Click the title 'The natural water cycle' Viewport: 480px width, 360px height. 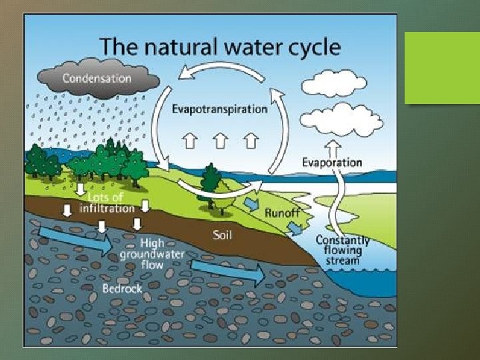[220, 47]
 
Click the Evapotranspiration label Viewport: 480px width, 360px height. [220, 109]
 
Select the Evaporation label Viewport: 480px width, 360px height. [332, 162]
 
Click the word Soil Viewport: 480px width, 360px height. [222, 235]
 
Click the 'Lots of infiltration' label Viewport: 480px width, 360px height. [101, 203]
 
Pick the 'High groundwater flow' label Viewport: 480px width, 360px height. [153, 253]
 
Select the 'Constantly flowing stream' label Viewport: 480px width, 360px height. [343, 250]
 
